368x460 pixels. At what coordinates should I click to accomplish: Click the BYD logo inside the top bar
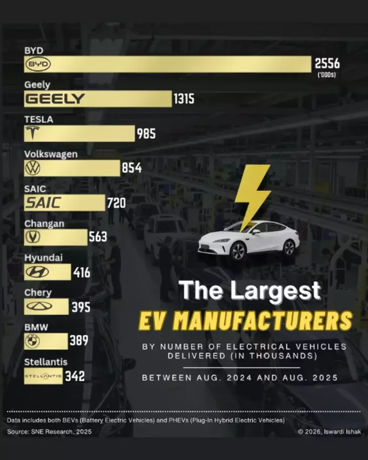coord(38,64)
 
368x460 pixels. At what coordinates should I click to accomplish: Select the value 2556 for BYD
coord(327,64)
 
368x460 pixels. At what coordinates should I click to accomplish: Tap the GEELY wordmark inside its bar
coord(55,99)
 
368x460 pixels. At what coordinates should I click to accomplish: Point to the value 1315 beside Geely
coord(183,99)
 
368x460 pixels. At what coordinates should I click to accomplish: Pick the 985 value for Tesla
coord(146,134)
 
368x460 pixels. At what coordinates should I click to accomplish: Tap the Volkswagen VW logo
coord(33,168)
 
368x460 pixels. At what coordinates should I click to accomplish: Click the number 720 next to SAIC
coord(116,203)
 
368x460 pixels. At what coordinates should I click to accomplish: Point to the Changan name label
coord(44,223)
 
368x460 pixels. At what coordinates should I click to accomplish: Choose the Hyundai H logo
coord(36,272)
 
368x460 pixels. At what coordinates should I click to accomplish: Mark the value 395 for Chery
coord(80,307)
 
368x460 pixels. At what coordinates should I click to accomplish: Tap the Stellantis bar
coord(43,376)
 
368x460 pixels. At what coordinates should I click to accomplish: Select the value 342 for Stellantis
coord(74,376)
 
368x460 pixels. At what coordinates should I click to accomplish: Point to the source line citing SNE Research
coord(49,431)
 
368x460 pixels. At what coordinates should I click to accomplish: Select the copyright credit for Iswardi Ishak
coord(329,431)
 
